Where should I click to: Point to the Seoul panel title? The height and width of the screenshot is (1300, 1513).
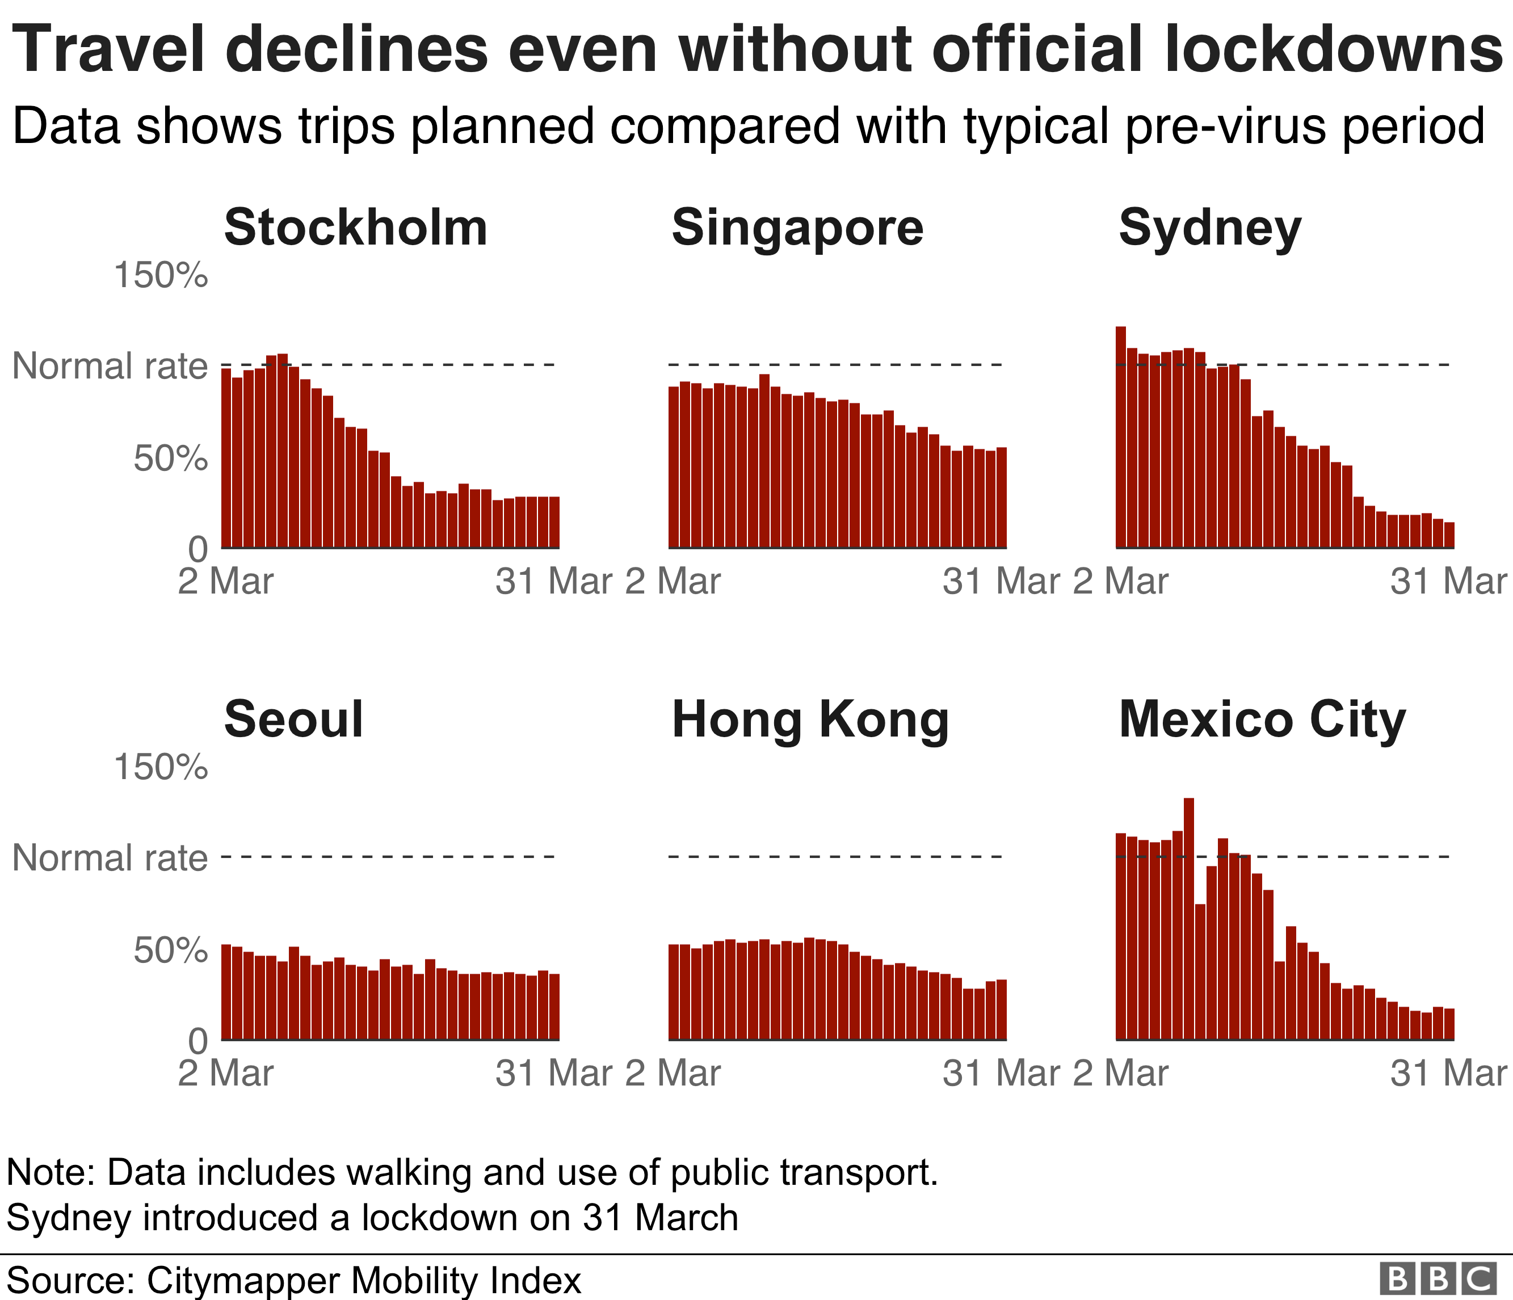click(x=293, y=720)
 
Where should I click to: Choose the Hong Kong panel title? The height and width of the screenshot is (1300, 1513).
click(x=810, y=720)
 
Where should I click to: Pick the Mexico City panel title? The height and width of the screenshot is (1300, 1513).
click(x=1262, y=720)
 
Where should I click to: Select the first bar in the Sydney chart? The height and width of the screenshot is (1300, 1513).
click(x=1121, y=438)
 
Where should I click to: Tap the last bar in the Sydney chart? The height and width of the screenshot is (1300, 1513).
click(x=1449, y=535)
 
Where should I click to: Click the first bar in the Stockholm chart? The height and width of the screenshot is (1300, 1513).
click(x=226, y=458)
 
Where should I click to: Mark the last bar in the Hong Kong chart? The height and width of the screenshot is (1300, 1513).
click(x=1001, y=1009)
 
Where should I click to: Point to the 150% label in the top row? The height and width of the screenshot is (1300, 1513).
click(x=161, y=275)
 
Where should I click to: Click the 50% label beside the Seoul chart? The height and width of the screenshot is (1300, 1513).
click(x=170, y=950)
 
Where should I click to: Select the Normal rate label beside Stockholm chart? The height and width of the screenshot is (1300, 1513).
click(x=110, y=365)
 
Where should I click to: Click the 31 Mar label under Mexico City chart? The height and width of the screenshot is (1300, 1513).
click(x=1448, y=1074)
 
